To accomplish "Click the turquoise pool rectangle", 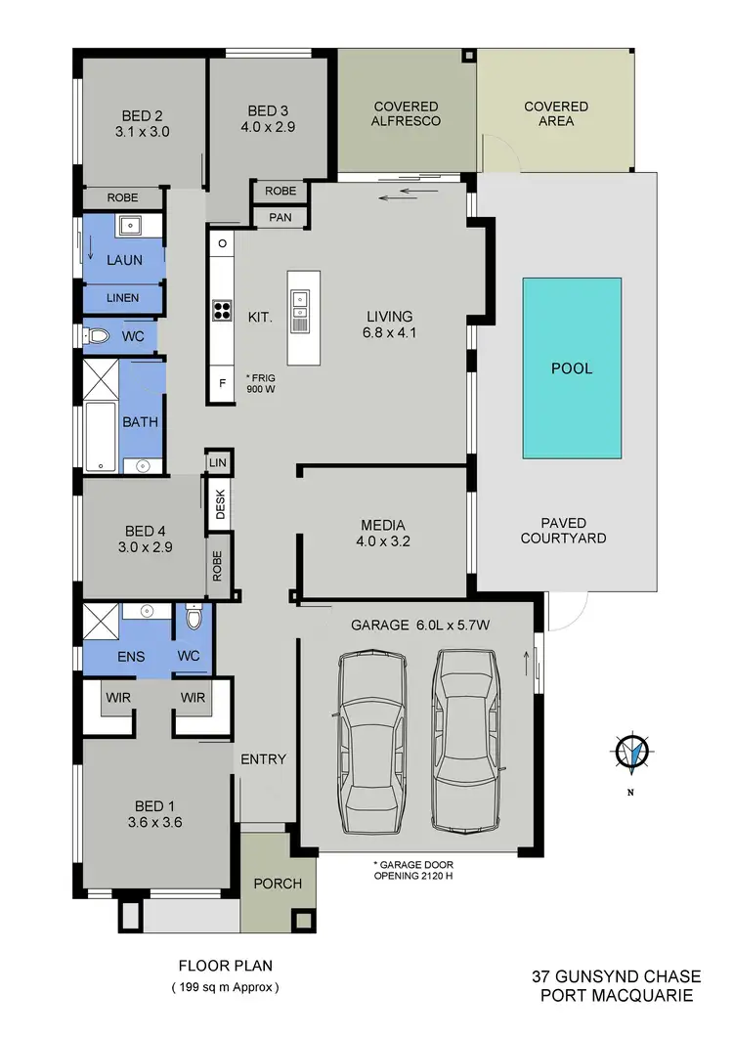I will (x=572, y=367).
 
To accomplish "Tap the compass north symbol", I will (x=632, y=752).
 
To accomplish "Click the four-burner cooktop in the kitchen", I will (x=222, y=311).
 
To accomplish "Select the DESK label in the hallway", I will (x=220, y=504).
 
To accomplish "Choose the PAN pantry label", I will (x=280, y=217).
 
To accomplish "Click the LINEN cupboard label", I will (x=122, y=297).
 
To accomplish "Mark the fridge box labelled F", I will (x=222, y=383).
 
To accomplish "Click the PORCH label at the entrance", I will (x=278, y=884).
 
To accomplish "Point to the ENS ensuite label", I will (x=130, y=656).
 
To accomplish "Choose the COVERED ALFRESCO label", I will (x=407, y=113).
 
